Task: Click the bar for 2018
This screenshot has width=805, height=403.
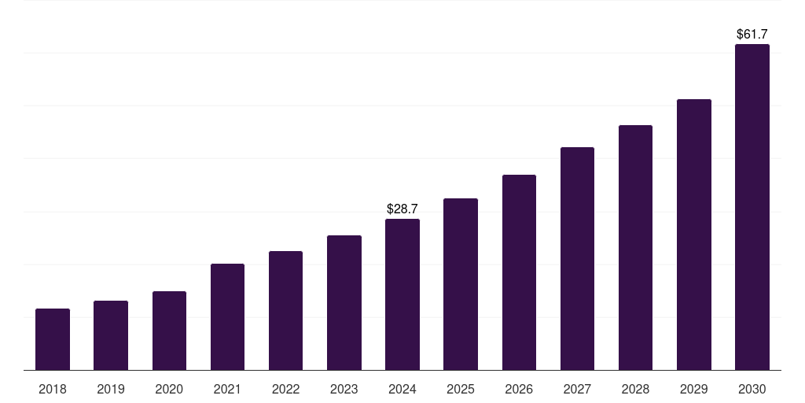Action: (53, 339)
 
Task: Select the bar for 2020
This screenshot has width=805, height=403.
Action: (169, 331)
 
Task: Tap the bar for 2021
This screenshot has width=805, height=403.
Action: (227, 316)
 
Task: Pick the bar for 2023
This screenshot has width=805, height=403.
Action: (344, 302)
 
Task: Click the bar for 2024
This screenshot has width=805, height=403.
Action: (402, 294)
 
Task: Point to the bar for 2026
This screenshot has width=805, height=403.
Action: (519, 272)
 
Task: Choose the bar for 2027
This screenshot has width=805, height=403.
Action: (577, 258)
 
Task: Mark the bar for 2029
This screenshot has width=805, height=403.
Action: (693, 235)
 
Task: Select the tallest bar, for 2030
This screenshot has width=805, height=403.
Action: (752, 207)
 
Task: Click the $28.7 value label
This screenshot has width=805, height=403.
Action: (402, 209)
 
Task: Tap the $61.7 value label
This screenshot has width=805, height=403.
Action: (752, 35)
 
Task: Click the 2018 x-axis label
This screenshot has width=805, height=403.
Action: (53, 389)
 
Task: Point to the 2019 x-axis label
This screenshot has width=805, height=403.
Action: (111, 389)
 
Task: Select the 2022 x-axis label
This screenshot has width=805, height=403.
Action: (285, 389)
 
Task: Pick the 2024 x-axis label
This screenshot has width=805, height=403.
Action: (402, 389)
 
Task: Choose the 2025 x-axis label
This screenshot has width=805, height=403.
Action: (461, 389)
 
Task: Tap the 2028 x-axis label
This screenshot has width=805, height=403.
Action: (635, 389)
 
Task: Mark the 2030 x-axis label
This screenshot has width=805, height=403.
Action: (752, 389)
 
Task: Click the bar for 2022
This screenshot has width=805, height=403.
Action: (285, 310)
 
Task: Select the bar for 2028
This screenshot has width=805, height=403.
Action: (635, 247)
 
